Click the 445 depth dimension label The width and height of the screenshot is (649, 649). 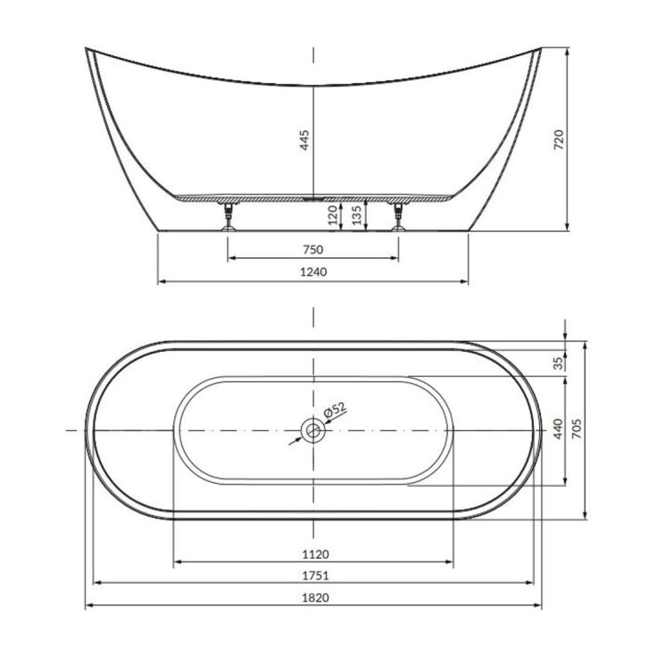pos(304,140)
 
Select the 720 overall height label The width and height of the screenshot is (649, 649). pos(558,139)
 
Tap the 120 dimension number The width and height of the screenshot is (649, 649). pos(333,215)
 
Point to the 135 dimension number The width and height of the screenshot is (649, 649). pos(356,215)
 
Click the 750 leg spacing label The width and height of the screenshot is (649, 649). pos(313,250)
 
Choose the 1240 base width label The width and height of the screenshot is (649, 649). pos(313,272)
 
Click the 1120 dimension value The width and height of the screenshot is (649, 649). pos(315,553)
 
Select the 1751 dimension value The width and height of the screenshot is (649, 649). pos(315,575)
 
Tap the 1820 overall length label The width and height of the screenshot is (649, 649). pos(315,597)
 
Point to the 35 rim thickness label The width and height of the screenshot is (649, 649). pos(558,363)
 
